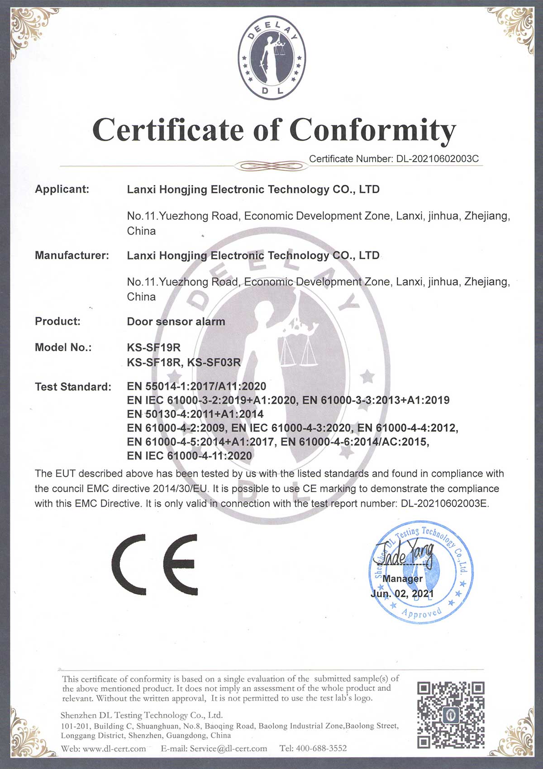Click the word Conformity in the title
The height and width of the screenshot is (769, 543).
(372, 131)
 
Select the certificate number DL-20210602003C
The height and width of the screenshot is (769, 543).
(438, 159)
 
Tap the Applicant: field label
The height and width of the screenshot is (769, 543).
(62, 189)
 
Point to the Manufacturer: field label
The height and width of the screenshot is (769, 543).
(72, 255)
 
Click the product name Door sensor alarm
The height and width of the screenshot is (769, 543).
(176, 322)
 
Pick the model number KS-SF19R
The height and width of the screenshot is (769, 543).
(154, 347)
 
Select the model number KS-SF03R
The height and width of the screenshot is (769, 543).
(214, 362)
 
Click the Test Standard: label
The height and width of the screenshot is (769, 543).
(73, 387)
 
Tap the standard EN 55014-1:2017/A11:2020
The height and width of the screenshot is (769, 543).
(196, 386)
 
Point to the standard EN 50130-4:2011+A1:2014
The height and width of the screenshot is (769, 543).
(195, 414)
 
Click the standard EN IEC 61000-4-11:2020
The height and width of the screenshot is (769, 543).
(189, 456)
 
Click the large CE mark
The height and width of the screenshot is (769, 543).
(155, 565)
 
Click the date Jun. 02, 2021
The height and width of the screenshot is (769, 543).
(402, 593)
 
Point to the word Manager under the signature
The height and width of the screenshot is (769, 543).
(402, 579)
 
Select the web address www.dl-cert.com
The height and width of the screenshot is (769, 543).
(114, 749)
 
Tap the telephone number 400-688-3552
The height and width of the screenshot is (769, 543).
(321, 749)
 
